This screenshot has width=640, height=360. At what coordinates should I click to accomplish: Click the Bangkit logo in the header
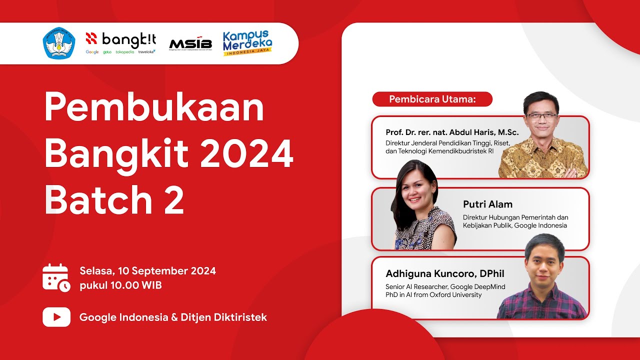[120, 42]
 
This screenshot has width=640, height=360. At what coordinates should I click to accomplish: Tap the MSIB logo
[190, 44]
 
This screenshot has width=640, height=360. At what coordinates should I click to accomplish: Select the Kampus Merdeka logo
[247, 43]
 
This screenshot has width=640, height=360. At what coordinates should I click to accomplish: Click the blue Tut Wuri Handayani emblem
[58, 43]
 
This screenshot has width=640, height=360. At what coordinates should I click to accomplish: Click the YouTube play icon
[56, 317]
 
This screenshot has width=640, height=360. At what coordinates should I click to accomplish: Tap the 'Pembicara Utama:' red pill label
[432, 99]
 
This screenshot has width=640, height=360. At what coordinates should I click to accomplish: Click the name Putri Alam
[487, 204]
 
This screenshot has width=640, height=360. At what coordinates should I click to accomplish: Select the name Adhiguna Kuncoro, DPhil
[444, 273]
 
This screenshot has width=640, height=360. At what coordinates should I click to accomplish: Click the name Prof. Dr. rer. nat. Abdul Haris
[452, 132]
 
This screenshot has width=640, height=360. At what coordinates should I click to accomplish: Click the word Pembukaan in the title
[154, 108]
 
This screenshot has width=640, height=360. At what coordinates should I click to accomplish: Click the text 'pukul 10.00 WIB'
[120, 286]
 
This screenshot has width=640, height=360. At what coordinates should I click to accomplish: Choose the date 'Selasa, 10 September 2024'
[147, 271]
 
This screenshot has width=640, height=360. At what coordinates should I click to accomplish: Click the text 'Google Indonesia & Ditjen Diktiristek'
[173, 317]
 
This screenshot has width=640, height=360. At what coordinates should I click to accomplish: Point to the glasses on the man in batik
[541, 115]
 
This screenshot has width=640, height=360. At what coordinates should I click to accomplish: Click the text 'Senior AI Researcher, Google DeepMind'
[445, 287]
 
